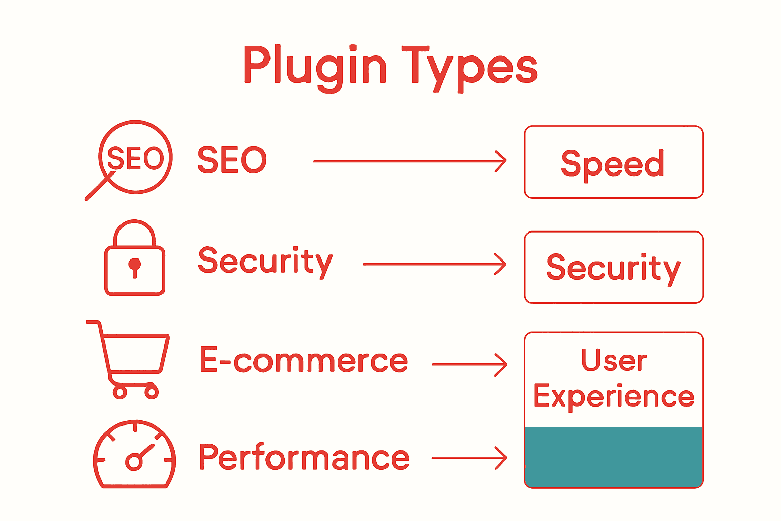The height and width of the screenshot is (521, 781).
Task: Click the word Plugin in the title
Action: click(315, 66)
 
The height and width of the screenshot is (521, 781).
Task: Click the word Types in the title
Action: click(469, 66)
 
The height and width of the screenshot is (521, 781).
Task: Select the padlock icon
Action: click(135, 258)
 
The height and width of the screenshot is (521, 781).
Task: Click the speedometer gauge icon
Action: click(134, 455)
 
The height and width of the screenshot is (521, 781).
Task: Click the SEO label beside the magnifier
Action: click(232, 160)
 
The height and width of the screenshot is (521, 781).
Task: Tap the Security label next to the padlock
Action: click(265, 262)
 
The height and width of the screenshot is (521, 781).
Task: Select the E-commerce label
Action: click(304, 360)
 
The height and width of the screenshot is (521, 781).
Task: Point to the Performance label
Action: click(304, 457)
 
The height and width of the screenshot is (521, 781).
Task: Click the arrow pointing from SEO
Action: click(410, 161)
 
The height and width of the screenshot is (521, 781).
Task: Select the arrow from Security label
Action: click(435, 265)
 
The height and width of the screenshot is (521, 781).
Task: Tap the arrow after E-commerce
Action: click(469, 365)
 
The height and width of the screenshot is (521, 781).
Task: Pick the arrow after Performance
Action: click(469, 458)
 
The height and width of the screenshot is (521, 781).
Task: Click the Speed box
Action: click(613, 162)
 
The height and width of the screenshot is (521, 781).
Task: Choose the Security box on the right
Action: click(613, 267)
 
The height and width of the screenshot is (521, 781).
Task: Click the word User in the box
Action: click(614, 360)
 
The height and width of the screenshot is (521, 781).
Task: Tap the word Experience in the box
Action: click(614, 396)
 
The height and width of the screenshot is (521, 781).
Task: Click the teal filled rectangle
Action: click(614, 457)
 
